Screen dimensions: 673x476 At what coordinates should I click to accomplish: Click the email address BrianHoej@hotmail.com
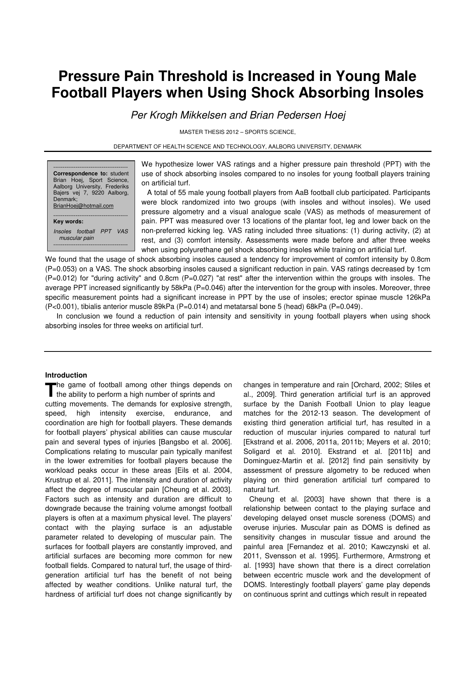83,206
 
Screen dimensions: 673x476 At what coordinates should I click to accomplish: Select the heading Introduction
66,375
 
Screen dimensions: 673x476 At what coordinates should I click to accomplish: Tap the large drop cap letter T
50,389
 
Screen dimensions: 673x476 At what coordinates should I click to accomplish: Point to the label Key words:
68,221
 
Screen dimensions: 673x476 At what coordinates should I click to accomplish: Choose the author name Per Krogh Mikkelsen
178,115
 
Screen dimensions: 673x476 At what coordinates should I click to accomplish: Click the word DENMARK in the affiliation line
347,147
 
